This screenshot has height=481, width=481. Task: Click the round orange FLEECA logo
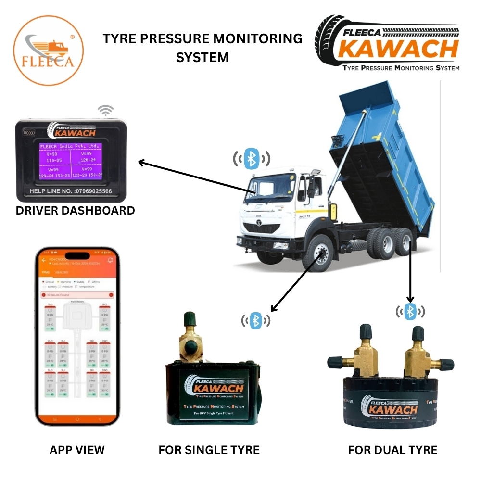coord(48,50)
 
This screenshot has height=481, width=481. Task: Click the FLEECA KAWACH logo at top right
coord(387,43)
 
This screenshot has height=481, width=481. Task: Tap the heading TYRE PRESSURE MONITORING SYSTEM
coord(203,48)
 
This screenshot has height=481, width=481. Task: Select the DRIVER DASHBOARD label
coord(75,211)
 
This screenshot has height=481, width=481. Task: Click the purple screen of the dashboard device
coord(70,161)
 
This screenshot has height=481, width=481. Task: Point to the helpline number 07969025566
coord(71,191)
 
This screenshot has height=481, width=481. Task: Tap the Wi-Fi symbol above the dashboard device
coord(105,111)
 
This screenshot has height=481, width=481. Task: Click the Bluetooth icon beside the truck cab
coord(252,159)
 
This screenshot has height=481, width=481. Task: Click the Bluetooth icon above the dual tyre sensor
coord(410,311)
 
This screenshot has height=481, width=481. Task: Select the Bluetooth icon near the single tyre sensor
coord(257,319)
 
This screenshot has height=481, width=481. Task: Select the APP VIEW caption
coord(77,450)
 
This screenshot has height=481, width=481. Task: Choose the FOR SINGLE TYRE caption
coord(209,450)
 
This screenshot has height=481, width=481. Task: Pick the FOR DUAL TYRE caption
coord(392,450)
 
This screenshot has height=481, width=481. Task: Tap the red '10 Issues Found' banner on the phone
coord(77,295)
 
